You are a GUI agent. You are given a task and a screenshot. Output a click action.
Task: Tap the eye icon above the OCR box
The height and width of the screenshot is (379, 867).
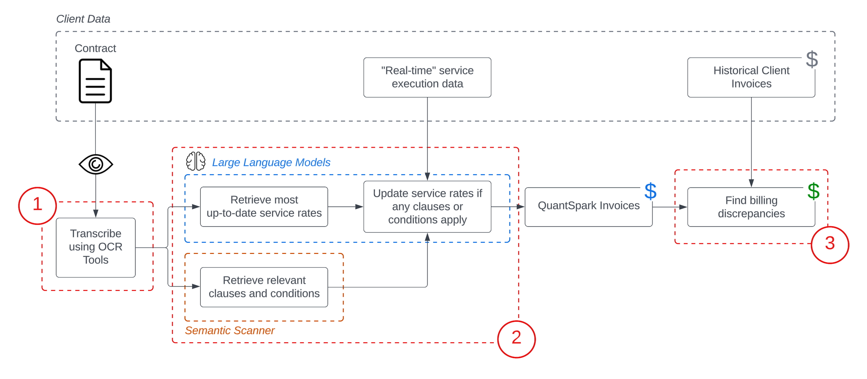coord(96,164)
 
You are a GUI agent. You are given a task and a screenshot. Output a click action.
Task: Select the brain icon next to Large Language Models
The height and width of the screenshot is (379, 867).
coord(196,161)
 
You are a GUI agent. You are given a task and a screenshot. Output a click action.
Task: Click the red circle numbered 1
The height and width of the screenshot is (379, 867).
coord(37,205)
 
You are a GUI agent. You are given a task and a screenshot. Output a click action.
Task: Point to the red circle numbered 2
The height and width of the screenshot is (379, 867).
coord(516,339)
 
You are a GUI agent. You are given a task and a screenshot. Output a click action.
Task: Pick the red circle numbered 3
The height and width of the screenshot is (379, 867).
coord(830,245)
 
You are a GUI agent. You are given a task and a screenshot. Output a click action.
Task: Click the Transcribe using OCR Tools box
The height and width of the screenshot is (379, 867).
coord(96,247)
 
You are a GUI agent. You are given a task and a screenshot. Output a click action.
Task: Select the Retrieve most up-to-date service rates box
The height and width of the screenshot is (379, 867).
coord(264,206)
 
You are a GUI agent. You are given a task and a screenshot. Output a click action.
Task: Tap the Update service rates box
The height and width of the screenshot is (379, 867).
coord(427,206)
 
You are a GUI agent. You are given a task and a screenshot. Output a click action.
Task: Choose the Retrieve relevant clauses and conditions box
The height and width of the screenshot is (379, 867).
coord(264,287)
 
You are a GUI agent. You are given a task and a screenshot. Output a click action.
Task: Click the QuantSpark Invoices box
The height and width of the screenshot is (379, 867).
coord(588,207)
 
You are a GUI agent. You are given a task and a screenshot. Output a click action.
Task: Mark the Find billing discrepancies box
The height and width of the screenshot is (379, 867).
coord(751,207)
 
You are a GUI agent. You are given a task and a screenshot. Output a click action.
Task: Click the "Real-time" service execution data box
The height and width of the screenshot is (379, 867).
coord(427,77)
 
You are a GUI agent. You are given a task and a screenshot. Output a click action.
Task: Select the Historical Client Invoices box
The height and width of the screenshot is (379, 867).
coord(751,77)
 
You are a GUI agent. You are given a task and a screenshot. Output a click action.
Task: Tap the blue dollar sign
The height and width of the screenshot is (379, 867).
coord(650,191)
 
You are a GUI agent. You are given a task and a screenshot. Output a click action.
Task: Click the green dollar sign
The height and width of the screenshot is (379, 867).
coord(813,191)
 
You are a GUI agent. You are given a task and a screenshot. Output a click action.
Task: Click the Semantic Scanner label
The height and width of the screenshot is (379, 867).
coord(230,330)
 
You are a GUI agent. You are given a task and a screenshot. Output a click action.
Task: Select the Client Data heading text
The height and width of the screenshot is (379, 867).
coord(83,19)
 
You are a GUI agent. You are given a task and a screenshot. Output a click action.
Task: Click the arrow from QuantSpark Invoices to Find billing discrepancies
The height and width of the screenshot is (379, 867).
coord(669,207)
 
